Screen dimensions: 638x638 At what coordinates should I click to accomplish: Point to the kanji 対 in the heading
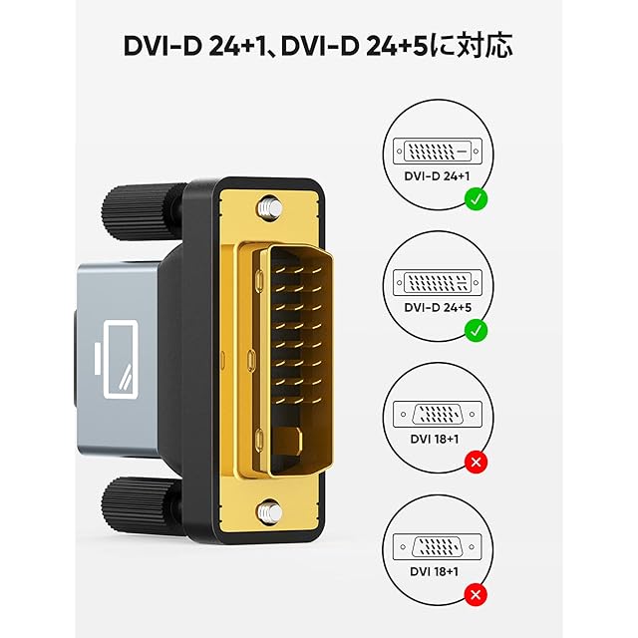[x=488, y=46]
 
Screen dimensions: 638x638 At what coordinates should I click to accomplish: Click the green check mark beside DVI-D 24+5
[x=477, y=329]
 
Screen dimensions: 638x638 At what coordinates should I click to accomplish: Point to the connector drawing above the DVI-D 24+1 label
[x=435, y=153]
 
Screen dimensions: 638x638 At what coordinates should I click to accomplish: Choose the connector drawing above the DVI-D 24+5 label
[x=435, y=280]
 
